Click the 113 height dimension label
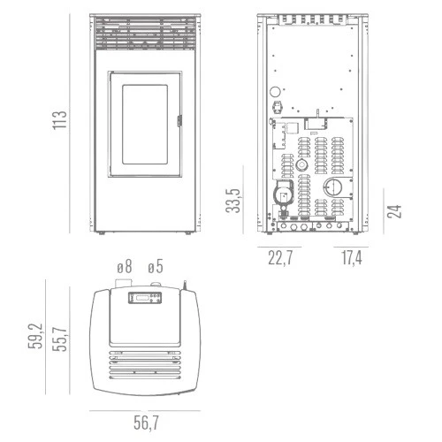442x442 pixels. (x=60, y=120)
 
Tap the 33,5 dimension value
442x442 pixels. (x=233, y=201)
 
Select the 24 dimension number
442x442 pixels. (x=394, y=211)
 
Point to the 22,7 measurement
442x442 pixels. (x=280, y=257)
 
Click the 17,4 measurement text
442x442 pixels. (x=352, y=257)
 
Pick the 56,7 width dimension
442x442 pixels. (x=146, y=423)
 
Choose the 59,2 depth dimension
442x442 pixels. (x=35, y=336)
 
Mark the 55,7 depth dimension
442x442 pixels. (x=60, y=339)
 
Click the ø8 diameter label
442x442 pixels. (x=125, y=267)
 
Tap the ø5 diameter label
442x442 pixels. (x=156, y=267)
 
